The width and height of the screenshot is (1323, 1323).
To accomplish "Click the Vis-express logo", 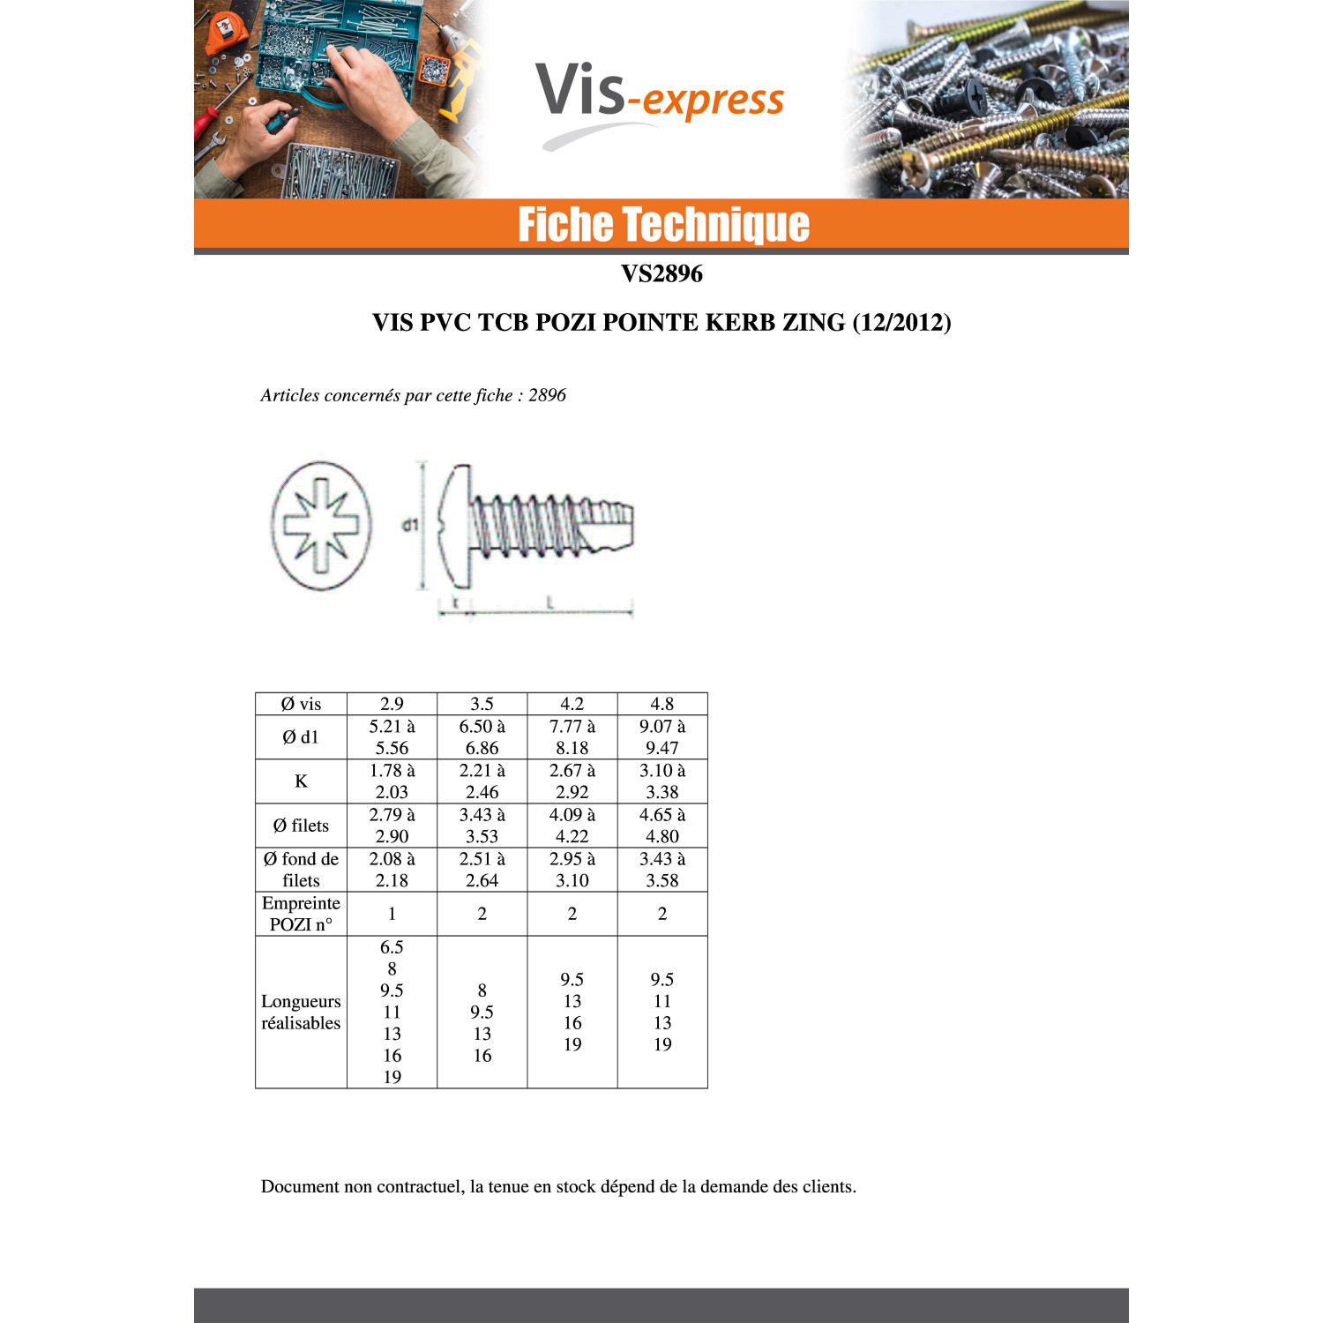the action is pos(660,101).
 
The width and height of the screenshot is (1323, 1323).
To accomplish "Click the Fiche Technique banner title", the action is pos(663,224).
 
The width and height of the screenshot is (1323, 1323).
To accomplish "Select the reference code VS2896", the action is pos(661,273).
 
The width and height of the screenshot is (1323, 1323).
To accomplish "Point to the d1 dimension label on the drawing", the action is pos(410,525).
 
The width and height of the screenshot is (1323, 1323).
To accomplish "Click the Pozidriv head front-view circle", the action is pos(321,525).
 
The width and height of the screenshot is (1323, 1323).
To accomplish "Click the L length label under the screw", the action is pos(549,603).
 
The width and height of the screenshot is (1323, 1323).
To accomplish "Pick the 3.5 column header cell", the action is pos(482,704).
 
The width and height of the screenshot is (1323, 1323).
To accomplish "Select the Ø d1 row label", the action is pos(301,737).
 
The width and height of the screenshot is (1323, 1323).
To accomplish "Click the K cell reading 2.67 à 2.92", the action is pos(572,781).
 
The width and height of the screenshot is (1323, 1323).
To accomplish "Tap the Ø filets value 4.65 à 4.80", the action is pos(662,826).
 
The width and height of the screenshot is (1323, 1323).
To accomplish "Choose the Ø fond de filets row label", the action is pos(301,870).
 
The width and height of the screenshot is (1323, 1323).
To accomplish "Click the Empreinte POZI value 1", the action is pos(392,914).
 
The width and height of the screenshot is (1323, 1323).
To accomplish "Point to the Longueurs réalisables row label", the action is pos(301,1012).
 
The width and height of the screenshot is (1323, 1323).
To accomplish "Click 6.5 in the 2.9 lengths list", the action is pos(392,947).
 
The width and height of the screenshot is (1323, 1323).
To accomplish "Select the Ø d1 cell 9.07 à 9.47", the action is pos(662,737).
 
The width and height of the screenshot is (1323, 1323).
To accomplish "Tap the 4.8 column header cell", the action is pos(662,704).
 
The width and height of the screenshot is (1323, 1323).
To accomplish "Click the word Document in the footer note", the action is pos(300,1186).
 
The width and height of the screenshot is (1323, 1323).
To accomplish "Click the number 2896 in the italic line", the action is pos(547,395).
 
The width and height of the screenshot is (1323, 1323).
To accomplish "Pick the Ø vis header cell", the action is pos(301,704).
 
